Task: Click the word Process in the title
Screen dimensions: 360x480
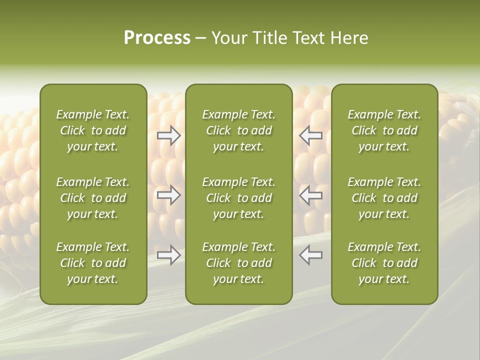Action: [x=157, y=38]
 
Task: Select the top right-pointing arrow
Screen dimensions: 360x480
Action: [x=169, y=135]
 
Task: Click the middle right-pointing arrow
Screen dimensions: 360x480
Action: [x=169, y=195]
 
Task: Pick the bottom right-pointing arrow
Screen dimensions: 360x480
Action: [x=169, y=255]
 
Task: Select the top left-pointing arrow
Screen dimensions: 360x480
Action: [x=311, y=135]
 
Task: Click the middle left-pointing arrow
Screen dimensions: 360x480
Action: [x=311, y=195]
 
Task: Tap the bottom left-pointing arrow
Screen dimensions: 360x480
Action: [x=311, y=255]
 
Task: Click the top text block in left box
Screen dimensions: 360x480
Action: [x=93, y=130]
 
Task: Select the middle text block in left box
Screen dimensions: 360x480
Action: [x=93, y=198]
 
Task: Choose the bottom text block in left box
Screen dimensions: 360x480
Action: [x=93, y=263]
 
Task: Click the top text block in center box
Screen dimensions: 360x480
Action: [x=238, y=130]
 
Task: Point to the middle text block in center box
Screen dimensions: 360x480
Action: [x=238, y=198]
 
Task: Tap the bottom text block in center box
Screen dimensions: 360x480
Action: [x=238, y=263]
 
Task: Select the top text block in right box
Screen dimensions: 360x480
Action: [x=384, y=130]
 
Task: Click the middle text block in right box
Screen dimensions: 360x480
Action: [x=384, y=198]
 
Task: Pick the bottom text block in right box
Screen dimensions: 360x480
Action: [x=384, y=263]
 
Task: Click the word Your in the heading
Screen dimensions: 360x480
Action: [x=229, y=38]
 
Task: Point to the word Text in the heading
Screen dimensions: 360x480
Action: [x=310, y=38]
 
